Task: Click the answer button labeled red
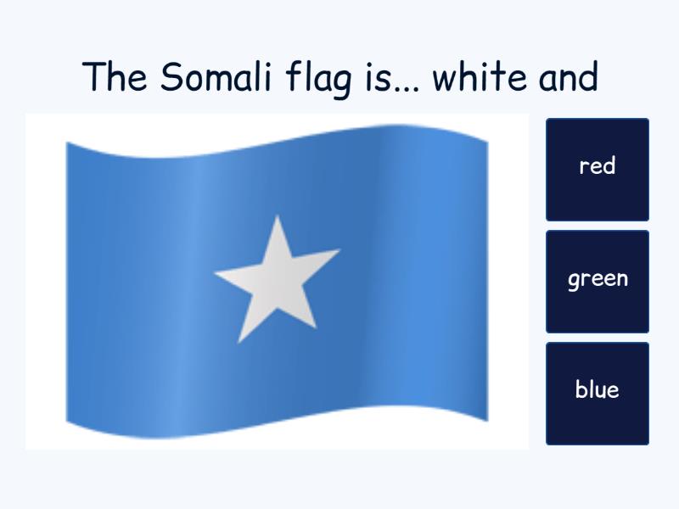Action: coord(597,167)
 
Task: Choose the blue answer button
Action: coord(597,391)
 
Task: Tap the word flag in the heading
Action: coord(319,78)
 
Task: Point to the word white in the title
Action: coord(480,78)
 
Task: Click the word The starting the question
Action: coord(116,78)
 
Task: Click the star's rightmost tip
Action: coord(339,250)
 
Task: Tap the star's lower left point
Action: coord(239,342)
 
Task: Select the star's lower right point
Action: coord(316,328)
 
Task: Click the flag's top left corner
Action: coord(67,143)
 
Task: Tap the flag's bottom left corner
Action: coord(67,422)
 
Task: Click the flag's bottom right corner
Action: coord(487,420)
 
